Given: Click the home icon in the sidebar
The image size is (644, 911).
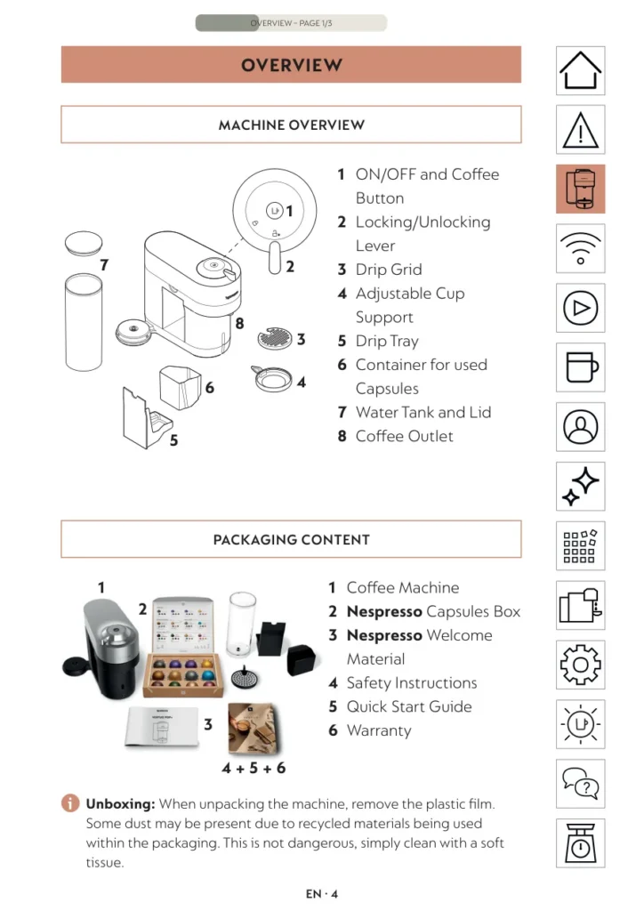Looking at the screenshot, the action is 580,70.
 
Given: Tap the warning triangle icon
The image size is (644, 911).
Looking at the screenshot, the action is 580,130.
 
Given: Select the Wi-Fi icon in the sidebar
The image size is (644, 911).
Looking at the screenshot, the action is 580,248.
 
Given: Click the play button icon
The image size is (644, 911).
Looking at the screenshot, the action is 580,308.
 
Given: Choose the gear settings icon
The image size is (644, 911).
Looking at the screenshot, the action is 580,665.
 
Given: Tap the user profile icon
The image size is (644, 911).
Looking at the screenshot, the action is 580,426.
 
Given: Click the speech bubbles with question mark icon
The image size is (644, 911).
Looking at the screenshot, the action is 580,784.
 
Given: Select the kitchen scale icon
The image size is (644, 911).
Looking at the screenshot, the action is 580,843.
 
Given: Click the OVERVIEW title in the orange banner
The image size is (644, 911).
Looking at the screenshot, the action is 292,65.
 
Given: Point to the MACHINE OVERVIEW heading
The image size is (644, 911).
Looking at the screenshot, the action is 292,125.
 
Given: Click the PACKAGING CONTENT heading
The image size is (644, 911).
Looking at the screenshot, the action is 292,540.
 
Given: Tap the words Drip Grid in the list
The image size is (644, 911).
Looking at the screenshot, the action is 389,270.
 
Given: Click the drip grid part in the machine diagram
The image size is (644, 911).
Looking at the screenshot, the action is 275,337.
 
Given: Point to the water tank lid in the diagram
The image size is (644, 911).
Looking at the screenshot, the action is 84,243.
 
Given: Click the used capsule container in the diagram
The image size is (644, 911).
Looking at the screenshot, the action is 180,388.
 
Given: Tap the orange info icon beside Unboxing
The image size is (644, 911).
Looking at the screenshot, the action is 69,803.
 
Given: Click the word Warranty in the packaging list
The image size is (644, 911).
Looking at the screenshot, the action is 379,731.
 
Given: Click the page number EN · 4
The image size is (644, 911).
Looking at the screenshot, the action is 322,893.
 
